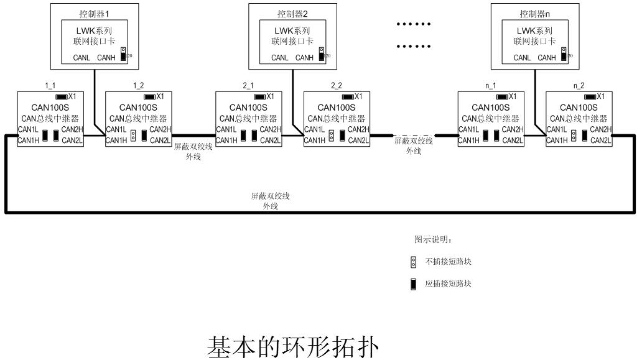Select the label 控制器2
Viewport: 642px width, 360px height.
(x=293, y=14)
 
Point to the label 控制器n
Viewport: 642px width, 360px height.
(x=536, y=14)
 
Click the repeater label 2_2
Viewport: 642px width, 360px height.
(x=337, y=85)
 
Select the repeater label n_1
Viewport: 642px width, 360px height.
(x=490, y=85)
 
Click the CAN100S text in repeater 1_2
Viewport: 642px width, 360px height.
(x=139, y=107)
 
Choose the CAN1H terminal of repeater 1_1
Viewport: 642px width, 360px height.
(x=29, y=141)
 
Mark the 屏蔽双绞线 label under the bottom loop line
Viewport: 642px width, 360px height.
(x=270, y=196)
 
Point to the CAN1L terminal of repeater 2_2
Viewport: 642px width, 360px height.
(x=315, y=129)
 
